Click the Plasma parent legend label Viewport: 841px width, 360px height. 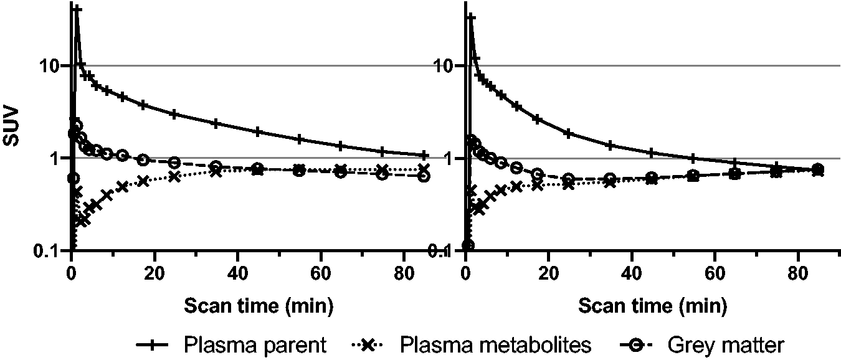point(255,344)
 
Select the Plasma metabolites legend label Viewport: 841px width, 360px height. point(495,344)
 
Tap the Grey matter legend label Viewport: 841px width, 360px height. point(725,344)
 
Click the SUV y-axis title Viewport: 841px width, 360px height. point(11,126)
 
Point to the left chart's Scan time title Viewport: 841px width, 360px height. point(259,306)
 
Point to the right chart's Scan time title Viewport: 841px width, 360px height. point(652,306)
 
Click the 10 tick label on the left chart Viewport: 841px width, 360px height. point(50,66)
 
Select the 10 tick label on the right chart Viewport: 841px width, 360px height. point(444,66)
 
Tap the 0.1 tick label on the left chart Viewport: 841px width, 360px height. point(47,251)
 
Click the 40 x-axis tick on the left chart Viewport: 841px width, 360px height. point(237,274)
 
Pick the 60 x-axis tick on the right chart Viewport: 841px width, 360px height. point(715,274)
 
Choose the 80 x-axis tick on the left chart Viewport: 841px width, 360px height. point(404,274)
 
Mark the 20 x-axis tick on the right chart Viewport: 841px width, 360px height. point(549,274)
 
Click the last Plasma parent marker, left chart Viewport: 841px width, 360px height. point(424,155)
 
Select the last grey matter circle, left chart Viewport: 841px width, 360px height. point(424,176)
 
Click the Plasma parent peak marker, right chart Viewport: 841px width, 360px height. point(471,17)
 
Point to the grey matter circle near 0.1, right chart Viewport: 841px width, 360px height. point(468,246)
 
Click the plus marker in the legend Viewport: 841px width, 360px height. point(152,345)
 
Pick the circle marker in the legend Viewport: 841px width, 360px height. point(635,345)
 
